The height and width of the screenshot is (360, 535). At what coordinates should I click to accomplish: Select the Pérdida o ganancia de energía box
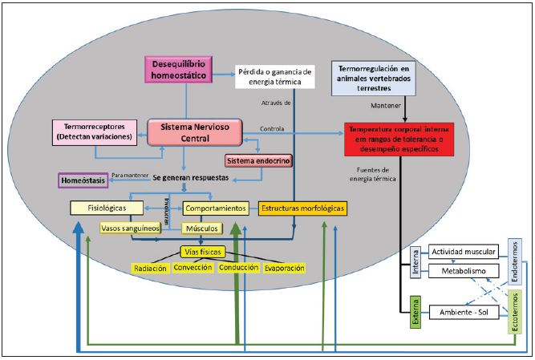coord(275,75)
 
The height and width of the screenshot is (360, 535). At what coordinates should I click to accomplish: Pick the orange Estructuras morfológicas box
coord(302,208)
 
